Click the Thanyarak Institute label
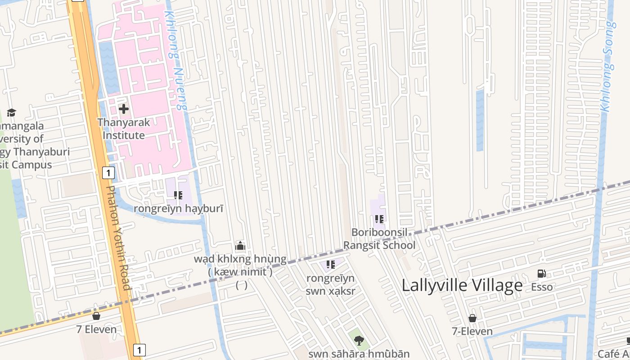pos(124,129)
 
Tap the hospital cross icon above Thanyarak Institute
pos(124,109)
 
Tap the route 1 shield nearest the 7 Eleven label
pos(139,350)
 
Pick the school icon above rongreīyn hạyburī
pos(178,195)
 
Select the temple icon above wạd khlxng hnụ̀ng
pos(240,246)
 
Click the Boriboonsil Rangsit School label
pos(379,238)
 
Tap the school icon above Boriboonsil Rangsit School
pos(379,219)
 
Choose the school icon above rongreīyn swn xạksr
pos(331,265)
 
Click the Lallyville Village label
pos(462,285)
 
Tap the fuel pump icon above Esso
pos(542,274)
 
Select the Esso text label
pos(542,287)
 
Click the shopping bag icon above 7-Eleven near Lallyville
pos(472,318)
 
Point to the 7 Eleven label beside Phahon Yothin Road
pos(96,329)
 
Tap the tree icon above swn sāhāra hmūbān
pos(359,340)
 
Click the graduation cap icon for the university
pos(11,112)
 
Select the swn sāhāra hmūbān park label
pos(359,354)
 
